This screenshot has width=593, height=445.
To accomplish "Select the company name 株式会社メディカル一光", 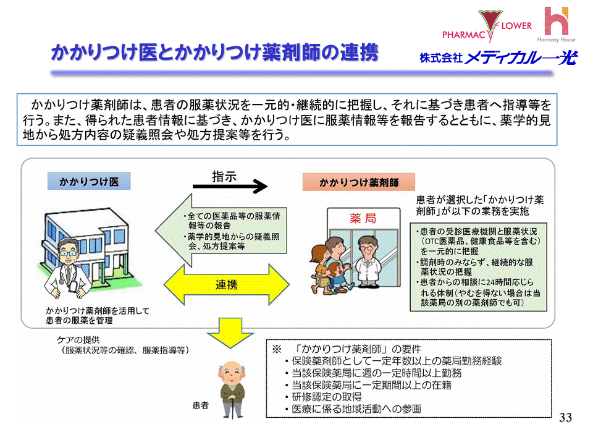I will (498, 58).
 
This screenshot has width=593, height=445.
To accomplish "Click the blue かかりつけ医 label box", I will (88, 182).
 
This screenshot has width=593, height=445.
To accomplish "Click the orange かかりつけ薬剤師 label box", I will (358, 182).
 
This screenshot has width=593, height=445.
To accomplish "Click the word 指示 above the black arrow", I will (224, 175).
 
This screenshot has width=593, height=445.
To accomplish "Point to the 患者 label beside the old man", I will (201, 406).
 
